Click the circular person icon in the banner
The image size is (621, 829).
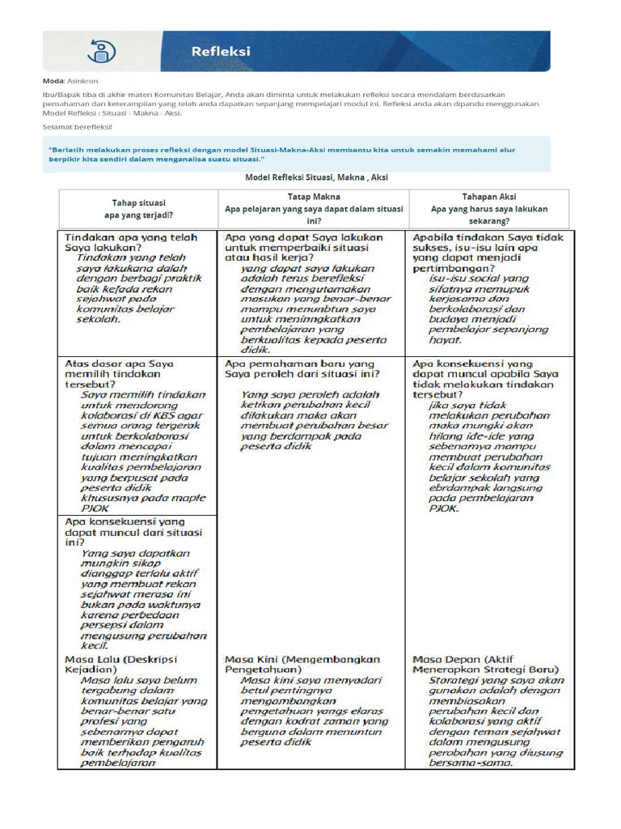point(101,51)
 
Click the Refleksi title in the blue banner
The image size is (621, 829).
point(221,51)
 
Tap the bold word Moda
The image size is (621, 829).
point(53,81)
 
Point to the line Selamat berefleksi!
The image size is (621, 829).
point(78,127)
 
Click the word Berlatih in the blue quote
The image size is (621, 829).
point(72,150)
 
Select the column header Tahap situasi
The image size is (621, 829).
point(137,202)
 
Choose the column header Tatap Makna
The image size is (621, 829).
point(314,197)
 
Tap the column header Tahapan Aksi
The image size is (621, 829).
point(488,197)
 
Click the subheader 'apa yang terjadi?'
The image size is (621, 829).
point(137,215)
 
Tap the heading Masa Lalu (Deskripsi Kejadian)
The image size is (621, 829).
point(120,665)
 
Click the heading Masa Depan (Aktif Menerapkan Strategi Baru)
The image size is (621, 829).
point(485,665)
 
